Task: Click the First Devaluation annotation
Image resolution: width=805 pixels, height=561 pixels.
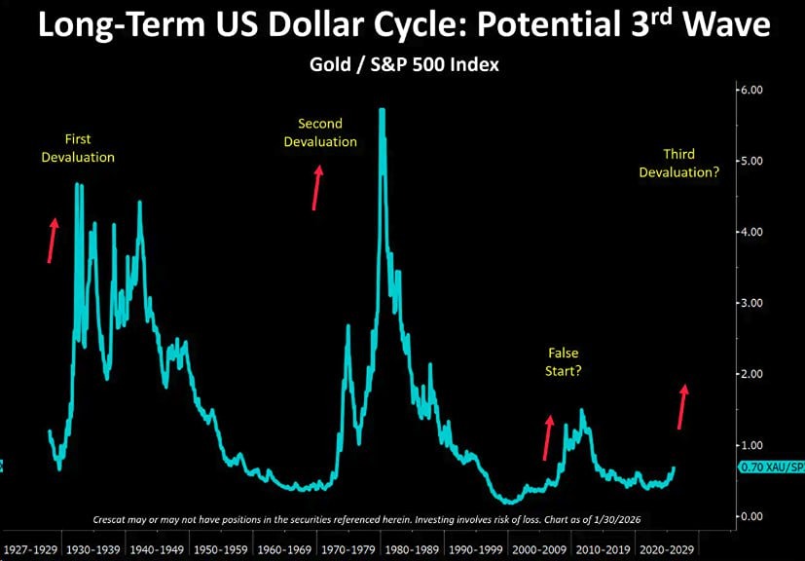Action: tap(78, 148)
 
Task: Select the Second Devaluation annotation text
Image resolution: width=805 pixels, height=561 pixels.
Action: tap(320, 133)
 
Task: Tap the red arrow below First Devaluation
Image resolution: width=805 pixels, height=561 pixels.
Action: tap(53, 240)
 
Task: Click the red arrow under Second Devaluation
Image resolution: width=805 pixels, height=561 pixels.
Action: tap(316, 187)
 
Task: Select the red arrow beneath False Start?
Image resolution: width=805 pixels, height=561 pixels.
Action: tap(547, 437)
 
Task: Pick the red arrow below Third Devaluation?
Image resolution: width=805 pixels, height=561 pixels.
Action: tap(682, 406)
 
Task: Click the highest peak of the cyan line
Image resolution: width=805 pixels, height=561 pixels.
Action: tap(383, 110)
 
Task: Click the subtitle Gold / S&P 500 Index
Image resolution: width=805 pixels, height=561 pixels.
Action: tap(402, 65)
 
